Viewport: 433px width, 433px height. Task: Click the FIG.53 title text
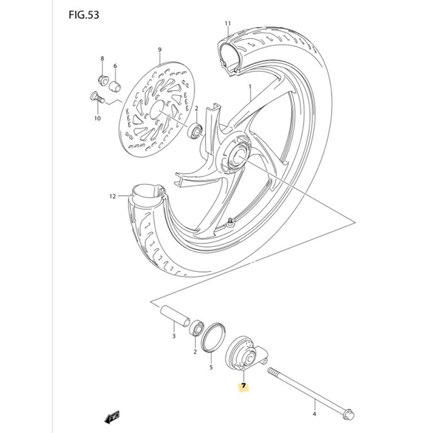click(x=84, y=15)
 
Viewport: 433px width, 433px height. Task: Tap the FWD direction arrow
click(x=112, y=417)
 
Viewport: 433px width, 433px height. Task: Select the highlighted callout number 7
click(x=243, y=385)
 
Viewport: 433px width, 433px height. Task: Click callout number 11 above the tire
click(x=228, y=23)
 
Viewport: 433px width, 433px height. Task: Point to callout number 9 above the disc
click(x=160, y=50)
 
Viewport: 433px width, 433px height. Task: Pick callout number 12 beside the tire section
click(x=112, y=197)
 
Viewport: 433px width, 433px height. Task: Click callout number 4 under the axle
click(x=314, y=414)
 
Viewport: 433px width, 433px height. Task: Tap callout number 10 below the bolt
click(x=97, y=119)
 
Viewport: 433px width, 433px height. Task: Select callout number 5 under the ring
click(x=211, y=367)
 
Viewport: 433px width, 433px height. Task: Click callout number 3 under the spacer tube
click(x=174, y=336)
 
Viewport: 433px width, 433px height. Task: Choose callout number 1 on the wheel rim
click(x=250, y=87)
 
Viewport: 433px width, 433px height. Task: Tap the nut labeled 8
click(x=103, y=80)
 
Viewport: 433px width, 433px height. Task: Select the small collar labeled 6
click(x=115, y=86)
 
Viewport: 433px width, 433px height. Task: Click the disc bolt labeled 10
click(x=97, y=97)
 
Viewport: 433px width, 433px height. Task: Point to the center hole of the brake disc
click(x=157, y=109)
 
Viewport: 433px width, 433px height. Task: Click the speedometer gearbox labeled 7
click(x=246, y=354)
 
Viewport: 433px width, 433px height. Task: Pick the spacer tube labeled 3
click(x=175, y=315)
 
